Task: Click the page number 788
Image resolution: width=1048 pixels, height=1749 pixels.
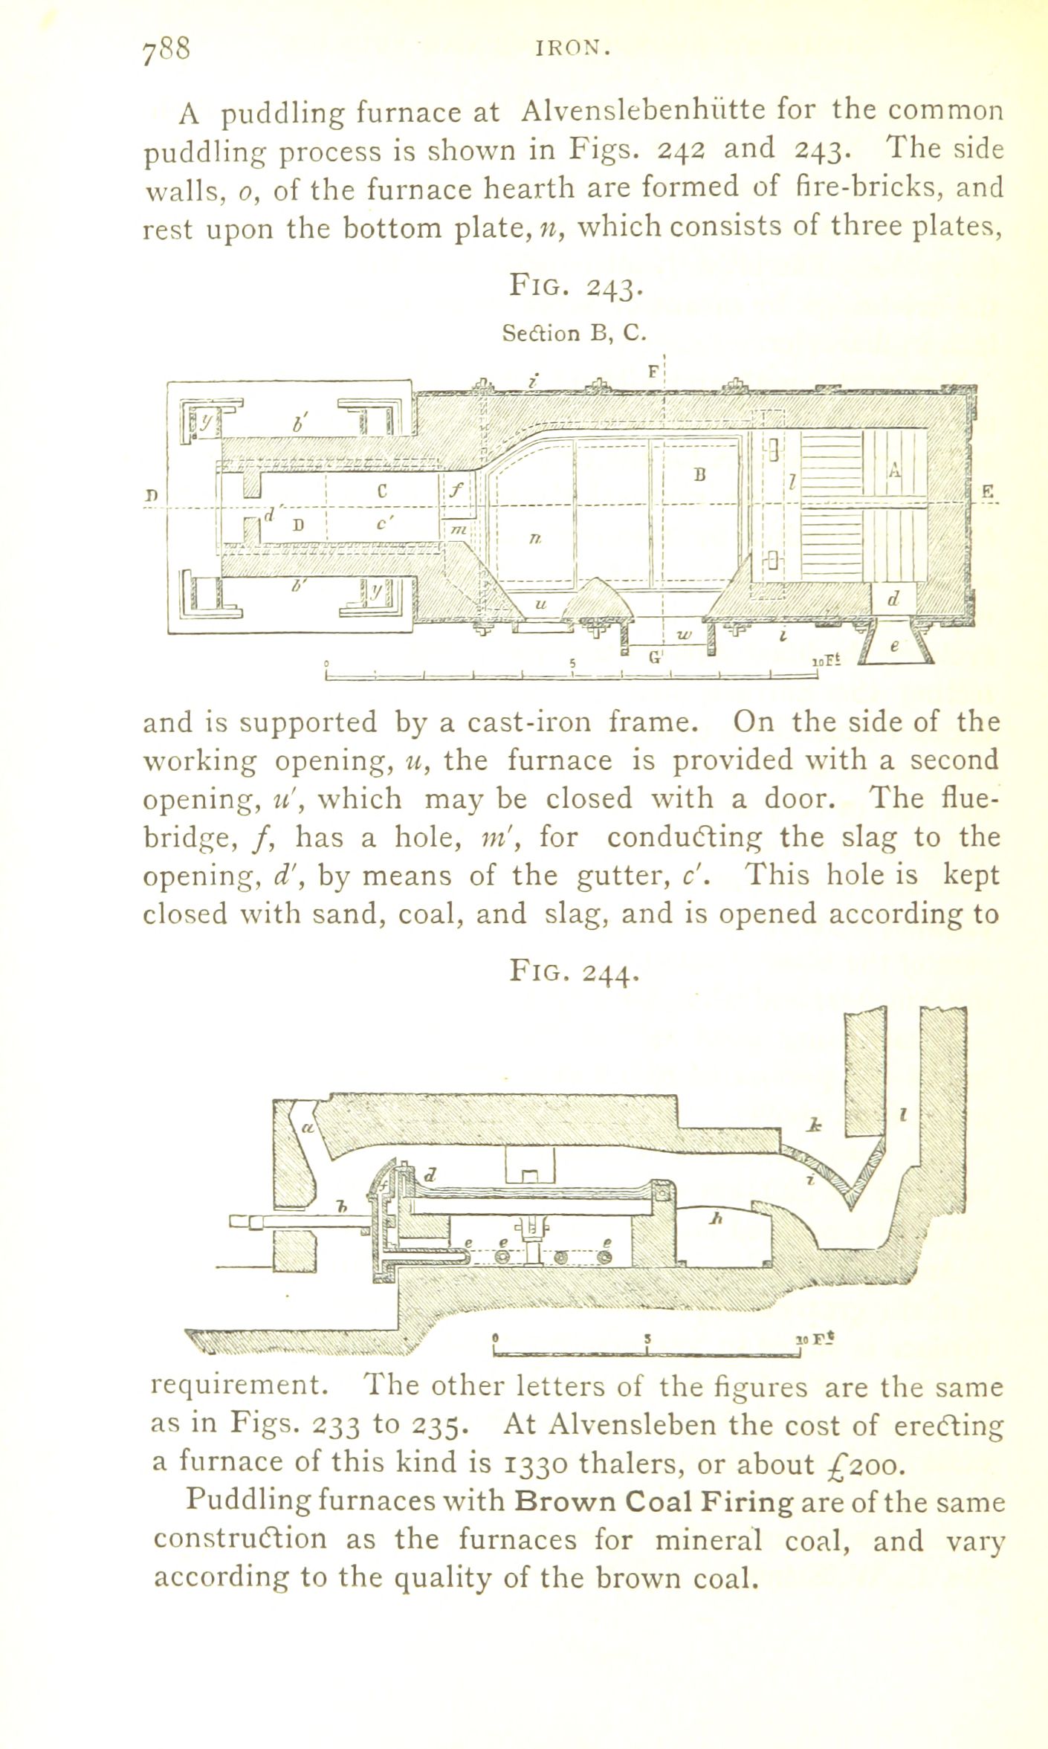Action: click(x=167, y=49)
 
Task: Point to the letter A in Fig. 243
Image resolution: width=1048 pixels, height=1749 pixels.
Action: click(x=895, y=471)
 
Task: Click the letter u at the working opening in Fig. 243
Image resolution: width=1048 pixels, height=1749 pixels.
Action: click(x=540, y=604)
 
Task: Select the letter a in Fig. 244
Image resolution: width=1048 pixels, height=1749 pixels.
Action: click(x=305, y=1128)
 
